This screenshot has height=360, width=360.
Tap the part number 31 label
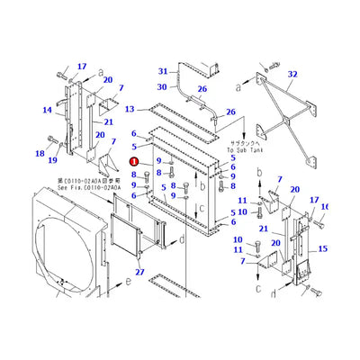click(163, 71)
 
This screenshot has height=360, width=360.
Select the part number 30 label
click(163, 87)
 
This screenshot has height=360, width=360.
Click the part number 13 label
click(130, 109)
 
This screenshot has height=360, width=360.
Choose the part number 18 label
click(40, 154)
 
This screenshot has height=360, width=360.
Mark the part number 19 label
click(53, 161)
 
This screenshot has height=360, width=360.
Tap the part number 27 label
click(139, 272)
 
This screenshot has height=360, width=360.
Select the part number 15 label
click(323, 248)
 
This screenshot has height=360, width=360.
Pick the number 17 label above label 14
click(82, 66)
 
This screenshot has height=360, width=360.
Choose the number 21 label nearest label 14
click(108, 121)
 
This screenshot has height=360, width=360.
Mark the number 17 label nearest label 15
click(314, 201)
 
